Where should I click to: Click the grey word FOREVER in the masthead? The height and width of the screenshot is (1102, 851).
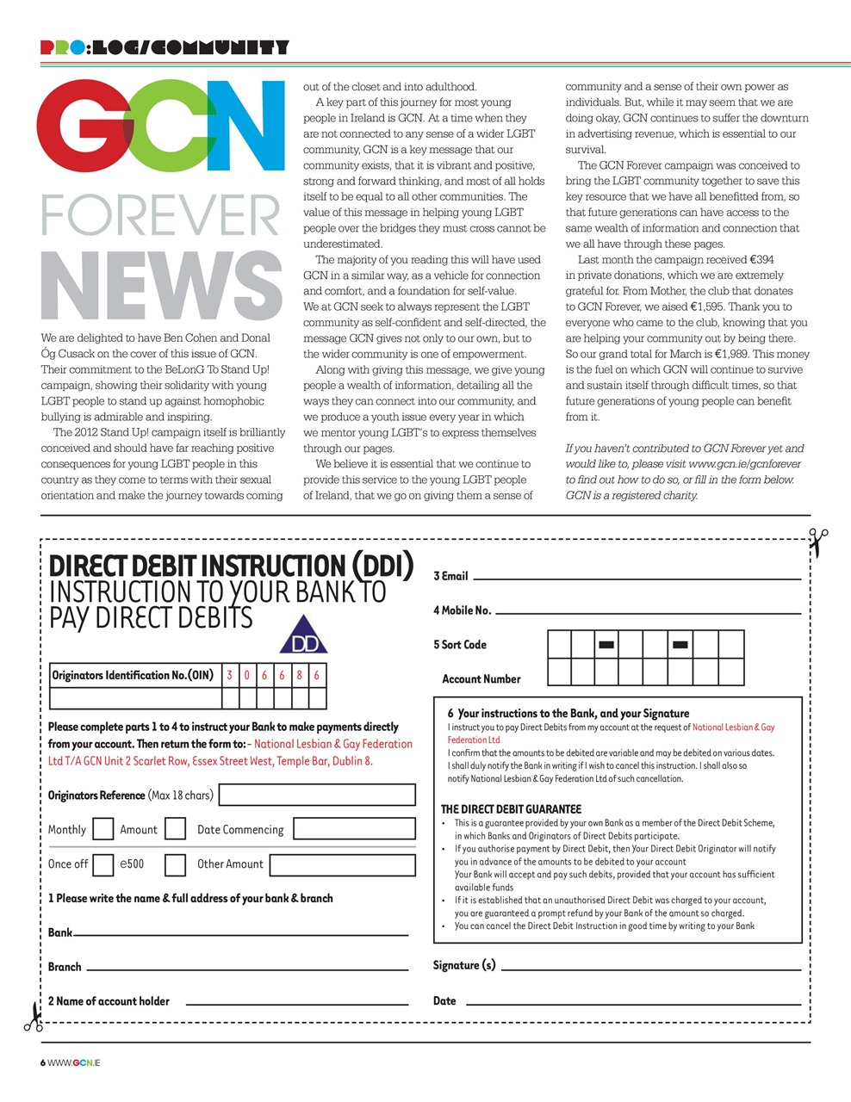click(x=161, y=215)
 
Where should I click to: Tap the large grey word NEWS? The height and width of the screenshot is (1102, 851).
click(x=161, y=287)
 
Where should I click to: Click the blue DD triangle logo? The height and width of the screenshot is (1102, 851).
click(x=303, y=635)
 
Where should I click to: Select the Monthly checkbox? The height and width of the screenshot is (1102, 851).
click(x=102, y=829)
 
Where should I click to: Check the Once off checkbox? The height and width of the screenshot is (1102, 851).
click(x=102, y=864)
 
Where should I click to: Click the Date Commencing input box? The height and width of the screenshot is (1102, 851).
click(x=354, y=829)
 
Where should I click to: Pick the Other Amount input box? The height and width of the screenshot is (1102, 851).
click(x=342, y=864)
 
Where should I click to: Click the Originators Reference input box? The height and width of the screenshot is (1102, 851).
click(x=317, y=795)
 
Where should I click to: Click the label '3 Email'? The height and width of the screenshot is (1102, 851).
click(x=450, y=576)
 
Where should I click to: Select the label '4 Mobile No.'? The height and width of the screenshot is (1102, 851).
click(x=462, y=610)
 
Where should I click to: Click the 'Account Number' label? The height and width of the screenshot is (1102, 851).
click(x=481, y=679)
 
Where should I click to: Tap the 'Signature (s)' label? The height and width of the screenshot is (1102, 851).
click(x=464, y=965)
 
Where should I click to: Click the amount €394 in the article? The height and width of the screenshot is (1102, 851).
click(x=761, y=259)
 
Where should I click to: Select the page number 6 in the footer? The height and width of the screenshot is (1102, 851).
click(x=43, y=1062)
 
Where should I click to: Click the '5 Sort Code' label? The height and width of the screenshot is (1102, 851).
click(x=460, y=645)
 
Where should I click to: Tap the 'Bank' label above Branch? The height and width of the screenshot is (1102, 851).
click(x=60, y=932)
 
